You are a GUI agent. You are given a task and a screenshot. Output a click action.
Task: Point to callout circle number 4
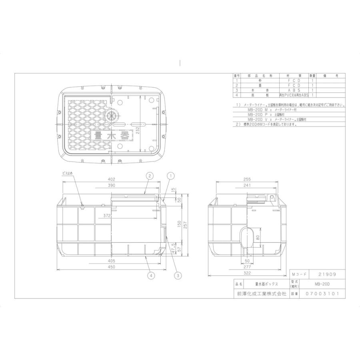151,275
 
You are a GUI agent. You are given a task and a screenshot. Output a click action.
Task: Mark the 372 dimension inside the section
107,216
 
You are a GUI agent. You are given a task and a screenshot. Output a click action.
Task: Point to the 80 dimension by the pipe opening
258,237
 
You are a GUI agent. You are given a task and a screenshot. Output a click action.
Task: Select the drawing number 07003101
325,293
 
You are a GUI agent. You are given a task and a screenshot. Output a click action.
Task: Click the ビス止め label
68,173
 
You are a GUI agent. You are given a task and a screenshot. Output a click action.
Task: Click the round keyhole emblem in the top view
112,117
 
